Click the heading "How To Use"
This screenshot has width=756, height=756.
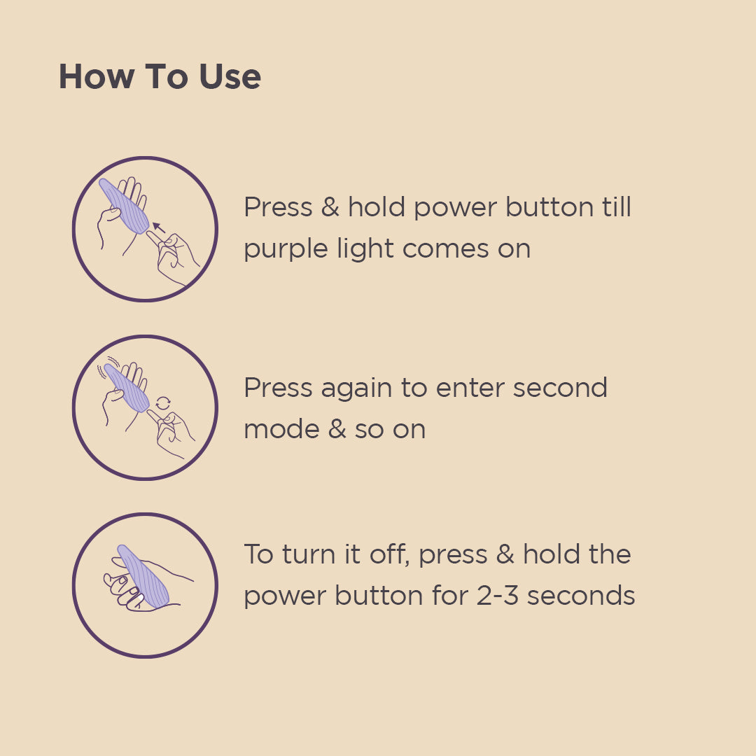point(160,76)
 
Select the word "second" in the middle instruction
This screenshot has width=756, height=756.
point(560,388)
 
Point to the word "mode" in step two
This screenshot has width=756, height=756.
point(281,429)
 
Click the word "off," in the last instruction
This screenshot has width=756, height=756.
point(390,554)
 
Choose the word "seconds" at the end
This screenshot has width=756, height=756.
point(581,596)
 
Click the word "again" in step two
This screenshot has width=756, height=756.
point(356,390)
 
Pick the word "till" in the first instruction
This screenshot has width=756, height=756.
point(617,207)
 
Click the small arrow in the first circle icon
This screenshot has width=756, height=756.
point(158,227)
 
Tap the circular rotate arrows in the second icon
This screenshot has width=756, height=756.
point(163,403)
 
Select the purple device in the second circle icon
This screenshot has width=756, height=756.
point(126,388)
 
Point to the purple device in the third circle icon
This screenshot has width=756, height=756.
point(143,577)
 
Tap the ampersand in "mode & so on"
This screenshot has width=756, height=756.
point(337,428)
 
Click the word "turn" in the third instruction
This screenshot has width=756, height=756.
point(309,554)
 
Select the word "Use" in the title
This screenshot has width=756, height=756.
point(230,76)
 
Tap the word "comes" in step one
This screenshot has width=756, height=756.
point(445,250)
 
